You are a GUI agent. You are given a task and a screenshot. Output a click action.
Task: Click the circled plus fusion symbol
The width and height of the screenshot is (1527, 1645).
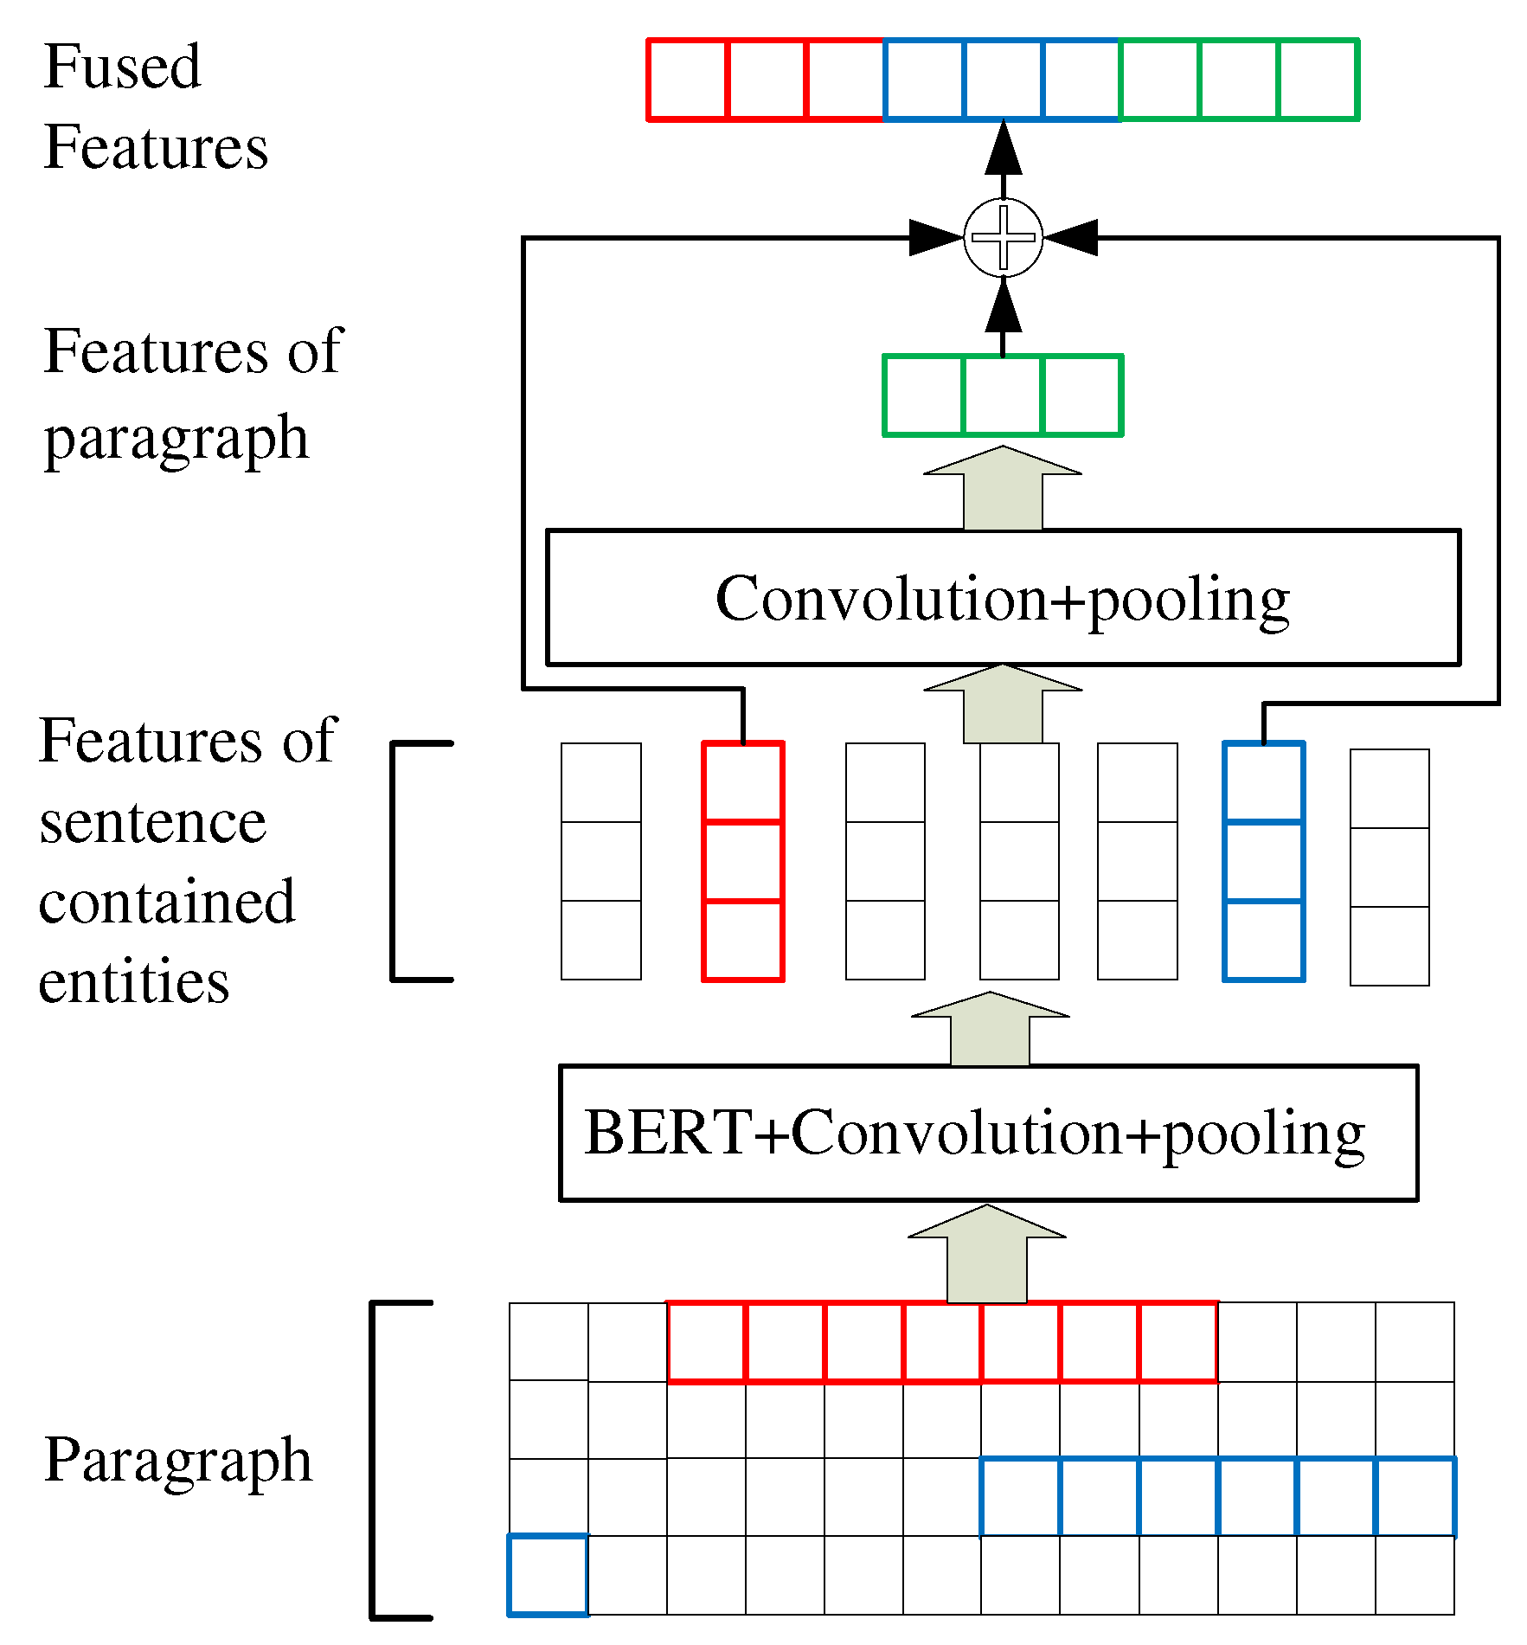(1003, 237)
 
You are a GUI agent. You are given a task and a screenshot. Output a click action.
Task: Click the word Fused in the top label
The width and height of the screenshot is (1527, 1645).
(122, 67)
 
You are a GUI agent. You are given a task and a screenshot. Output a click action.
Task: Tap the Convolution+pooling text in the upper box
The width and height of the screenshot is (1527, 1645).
(1002, 599)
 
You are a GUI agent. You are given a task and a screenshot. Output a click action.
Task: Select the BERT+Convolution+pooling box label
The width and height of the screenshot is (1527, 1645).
(974, 1133)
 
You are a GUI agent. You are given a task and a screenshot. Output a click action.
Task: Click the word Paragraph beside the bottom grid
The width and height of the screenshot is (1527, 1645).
(177, 1459)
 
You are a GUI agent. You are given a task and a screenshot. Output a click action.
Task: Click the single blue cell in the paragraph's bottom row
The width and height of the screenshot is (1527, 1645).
(548, 1575)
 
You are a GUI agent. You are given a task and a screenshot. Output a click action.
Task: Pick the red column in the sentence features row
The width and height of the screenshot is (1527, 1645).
(743, 861)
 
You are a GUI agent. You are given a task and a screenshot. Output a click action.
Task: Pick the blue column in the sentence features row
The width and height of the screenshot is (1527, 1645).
(1263, 861)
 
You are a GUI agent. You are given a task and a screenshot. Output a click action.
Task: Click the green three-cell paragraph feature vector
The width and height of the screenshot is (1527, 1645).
(1003, 395)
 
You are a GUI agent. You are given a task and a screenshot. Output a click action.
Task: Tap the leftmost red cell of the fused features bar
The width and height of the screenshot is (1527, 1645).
(688, 80)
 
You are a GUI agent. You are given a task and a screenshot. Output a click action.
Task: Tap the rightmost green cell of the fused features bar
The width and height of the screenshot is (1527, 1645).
(1318, 80)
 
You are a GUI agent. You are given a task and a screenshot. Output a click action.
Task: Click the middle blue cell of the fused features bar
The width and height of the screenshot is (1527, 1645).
(1003, 80)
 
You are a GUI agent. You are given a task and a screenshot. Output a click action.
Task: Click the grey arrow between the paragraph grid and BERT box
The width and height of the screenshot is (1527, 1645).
(986, 1255)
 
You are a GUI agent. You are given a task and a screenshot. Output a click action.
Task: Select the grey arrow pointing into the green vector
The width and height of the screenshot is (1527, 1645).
(1003, 489)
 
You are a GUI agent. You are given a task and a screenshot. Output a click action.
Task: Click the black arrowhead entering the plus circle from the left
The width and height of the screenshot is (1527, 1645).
(937, 237)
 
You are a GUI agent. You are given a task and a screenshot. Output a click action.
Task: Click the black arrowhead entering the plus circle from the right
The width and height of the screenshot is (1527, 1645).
(1070, 237)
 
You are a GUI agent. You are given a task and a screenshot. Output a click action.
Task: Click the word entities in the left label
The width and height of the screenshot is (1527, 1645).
(134, 982)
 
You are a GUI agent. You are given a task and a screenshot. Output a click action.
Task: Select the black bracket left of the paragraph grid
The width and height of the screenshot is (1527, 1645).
(375, 1459)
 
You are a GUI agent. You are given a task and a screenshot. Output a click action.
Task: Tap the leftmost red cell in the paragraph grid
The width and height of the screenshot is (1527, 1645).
(706, 1342)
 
